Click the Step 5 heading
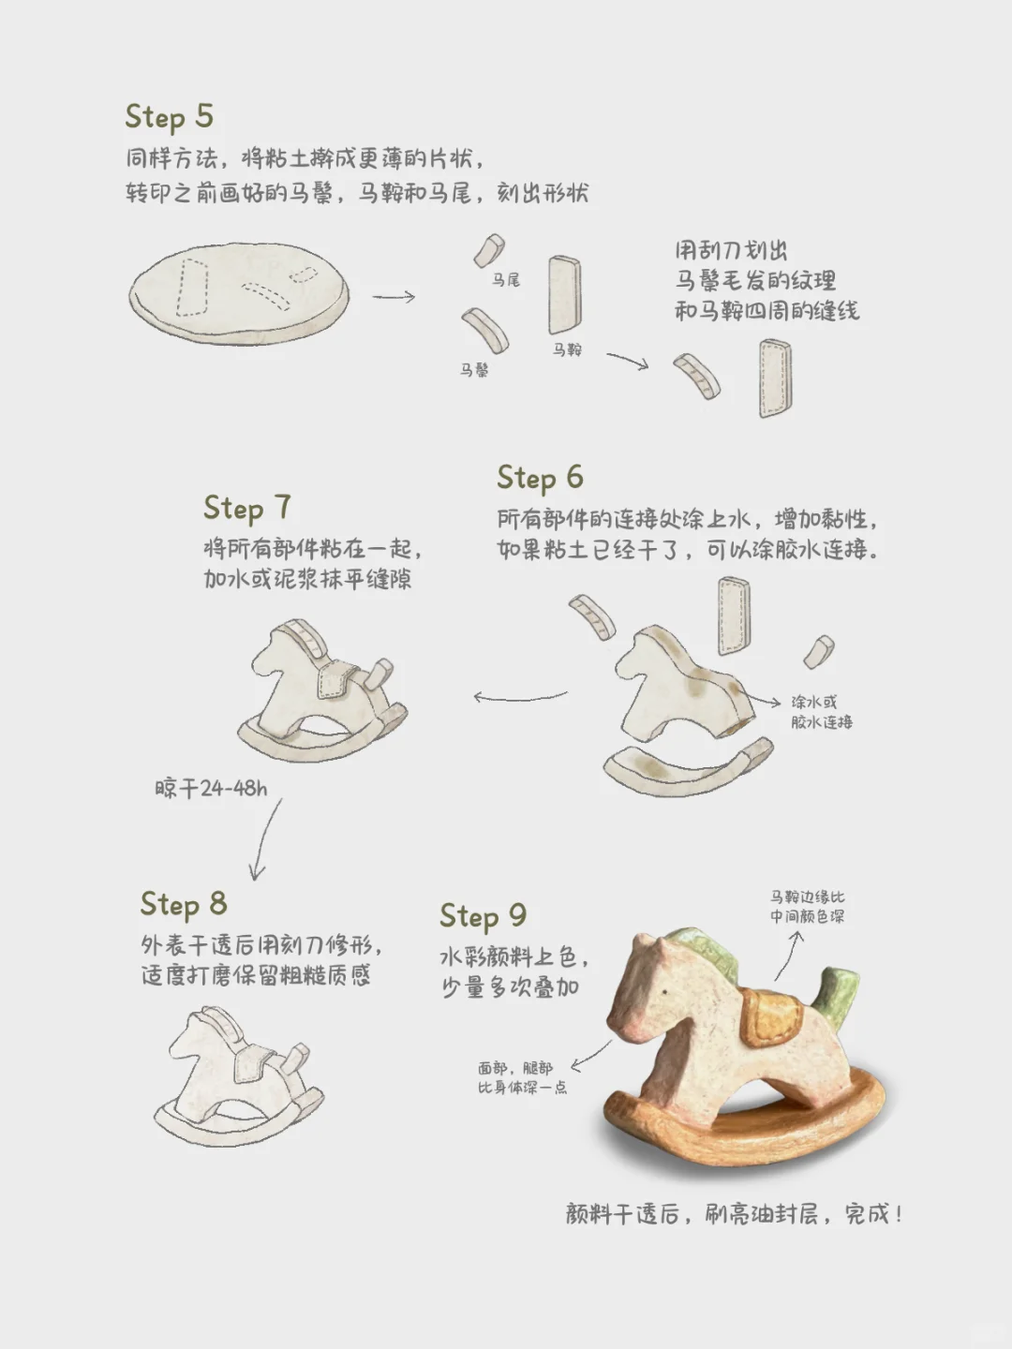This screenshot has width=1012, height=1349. (170, 117)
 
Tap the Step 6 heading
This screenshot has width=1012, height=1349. (540, 478)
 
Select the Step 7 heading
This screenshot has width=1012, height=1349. (247, 508)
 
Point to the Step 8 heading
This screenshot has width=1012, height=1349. (184, 904)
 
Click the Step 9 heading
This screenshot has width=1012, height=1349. (483, 915)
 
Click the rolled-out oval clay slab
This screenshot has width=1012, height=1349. (239, 292)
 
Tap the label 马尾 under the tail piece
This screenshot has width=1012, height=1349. (506, 280)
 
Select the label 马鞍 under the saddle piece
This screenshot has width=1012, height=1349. (567, 349)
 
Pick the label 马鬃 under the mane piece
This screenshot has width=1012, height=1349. (474, 370)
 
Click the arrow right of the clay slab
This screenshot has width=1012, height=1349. (394, 297)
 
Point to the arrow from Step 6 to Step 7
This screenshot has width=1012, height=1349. (520, 696)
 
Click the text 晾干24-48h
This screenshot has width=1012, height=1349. (211, 788)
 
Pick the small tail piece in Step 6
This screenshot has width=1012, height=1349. (819, 651)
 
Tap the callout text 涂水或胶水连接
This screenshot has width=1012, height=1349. (821, 712)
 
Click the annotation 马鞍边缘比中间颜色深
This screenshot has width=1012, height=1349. (807, 907)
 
